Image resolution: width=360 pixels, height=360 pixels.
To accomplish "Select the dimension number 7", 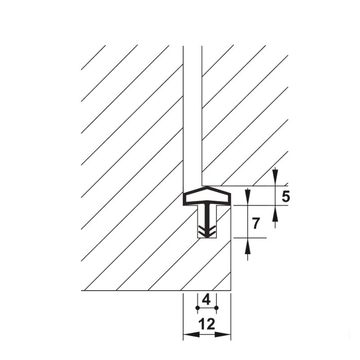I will click(256, 223).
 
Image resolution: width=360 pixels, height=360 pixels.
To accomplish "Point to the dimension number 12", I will click(207, 324).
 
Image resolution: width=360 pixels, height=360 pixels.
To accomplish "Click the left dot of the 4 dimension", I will click(197, 308).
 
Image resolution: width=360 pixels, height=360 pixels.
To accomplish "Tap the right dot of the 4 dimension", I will click(216, 308).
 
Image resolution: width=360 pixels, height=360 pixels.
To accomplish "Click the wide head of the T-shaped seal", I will click(207, 197).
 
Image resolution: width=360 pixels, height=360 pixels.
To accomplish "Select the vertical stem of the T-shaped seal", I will click(207, 216).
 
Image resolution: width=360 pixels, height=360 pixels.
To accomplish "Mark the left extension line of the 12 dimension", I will click(183, 315).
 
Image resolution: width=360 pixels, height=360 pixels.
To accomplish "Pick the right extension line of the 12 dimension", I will click(231, 315).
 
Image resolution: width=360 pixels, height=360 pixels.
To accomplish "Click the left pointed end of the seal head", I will click(184, 198).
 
